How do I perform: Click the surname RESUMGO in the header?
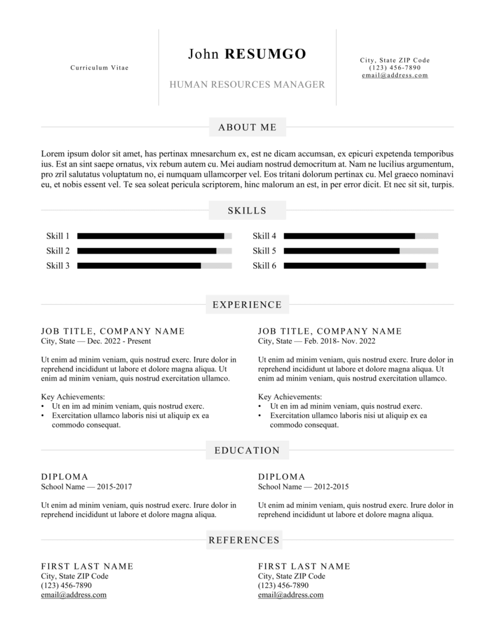[265, 54]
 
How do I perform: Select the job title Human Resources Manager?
[247, 85]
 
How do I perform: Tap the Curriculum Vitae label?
[100, 68]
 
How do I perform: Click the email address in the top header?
[395, 75]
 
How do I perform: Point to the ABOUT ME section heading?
[247, 127]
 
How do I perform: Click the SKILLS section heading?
[247, 210]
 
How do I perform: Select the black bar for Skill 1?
[150, 236]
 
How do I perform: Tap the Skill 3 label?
[58, 265]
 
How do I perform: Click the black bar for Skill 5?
[341, 251]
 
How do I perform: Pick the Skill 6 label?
[264, 265]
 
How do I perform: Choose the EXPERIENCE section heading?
[247, 305]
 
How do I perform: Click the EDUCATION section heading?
[247, 450]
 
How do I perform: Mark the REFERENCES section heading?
[243, 540]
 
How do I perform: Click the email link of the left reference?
[73, 595]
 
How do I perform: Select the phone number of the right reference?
[283, 586]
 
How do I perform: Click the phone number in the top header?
[395, 68]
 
